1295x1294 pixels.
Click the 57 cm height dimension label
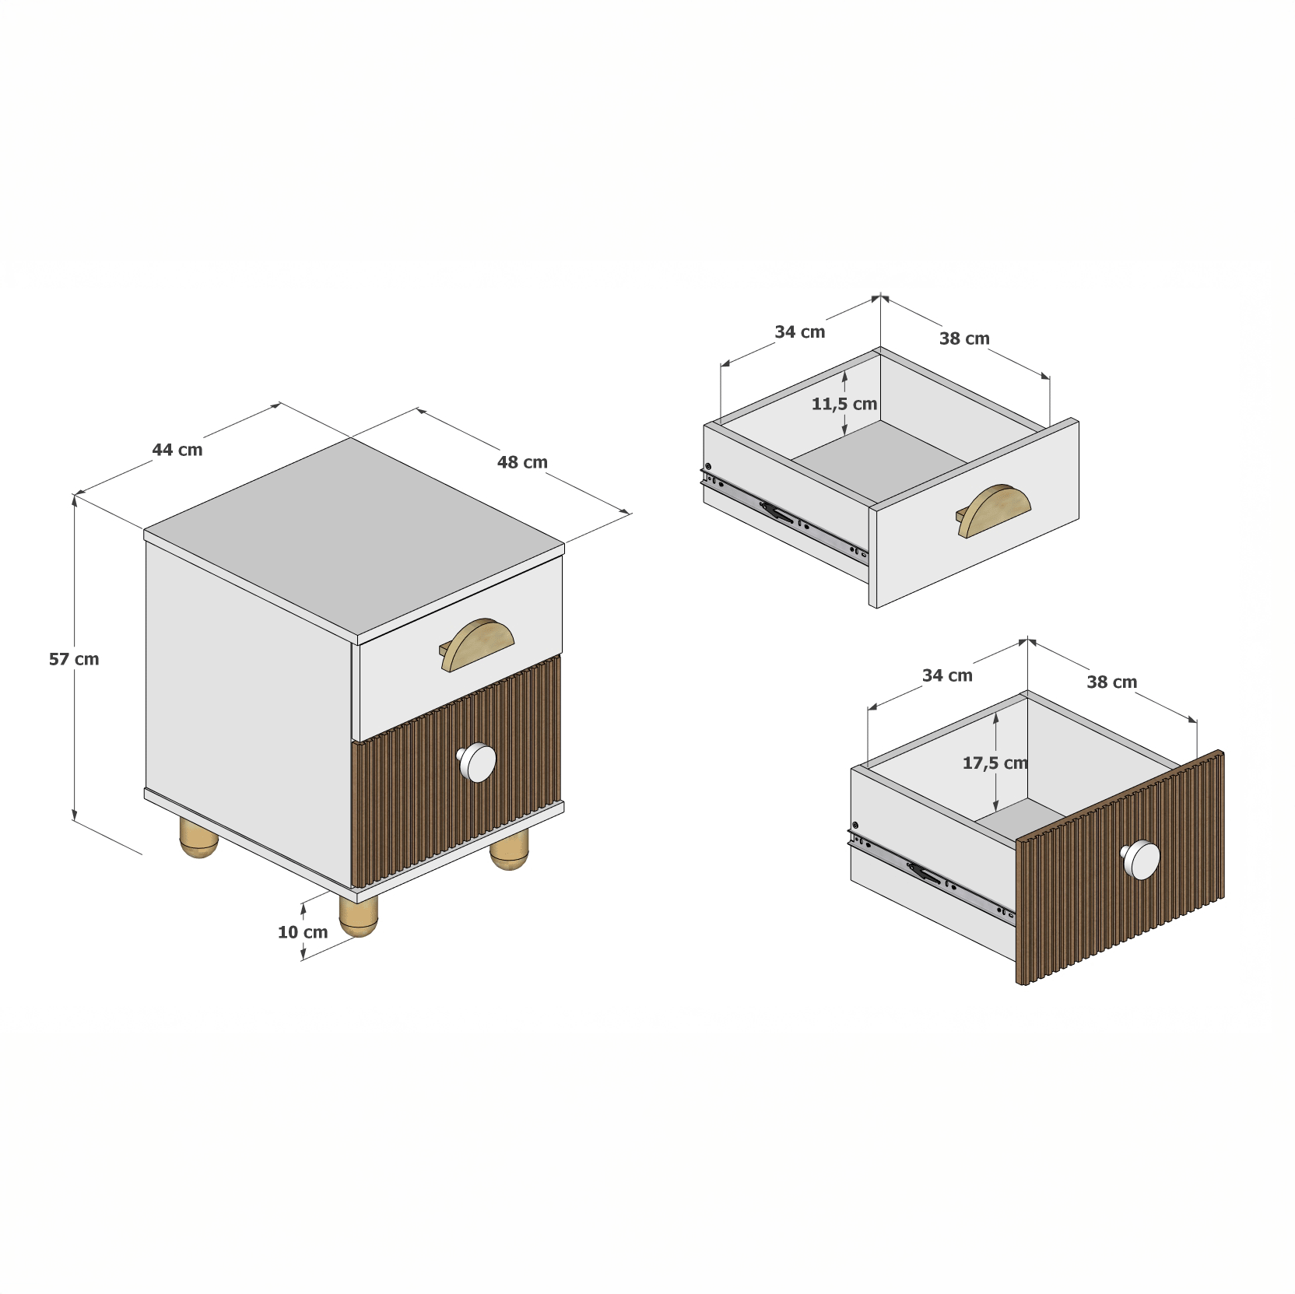pos(74,659)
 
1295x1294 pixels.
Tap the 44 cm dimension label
pos(177,450)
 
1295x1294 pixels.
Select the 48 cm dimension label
pos(522,462)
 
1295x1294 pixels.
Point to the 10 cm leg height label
pos(303,932)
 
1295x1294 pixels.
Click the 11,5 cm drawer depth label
pos(844,405)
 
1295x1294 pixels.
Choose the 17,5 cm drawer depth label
pos(995,763)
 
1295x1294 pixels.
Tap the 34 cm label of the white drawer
pos(800,332)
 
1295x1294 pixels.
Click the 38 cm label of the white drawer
pos(964,338)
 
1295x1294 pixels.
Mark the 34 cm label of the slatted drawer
pos(947,675)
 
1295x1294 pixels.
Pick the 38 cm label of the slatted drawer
pos(1112,682)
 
